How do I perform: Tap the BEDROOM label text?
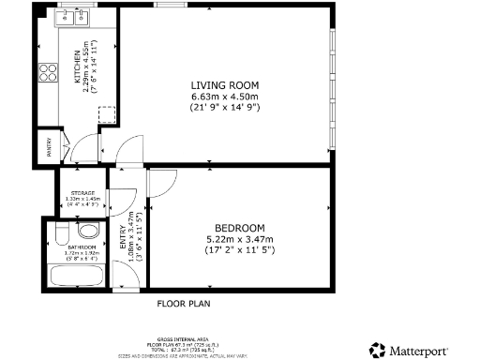tap(240, 228)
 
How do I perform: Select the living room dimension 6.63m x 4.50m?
tap(224, 97)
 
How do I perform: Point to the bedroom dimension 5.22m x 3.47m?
tap(240, 239)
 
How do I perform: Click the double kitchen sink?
tap(73, 16)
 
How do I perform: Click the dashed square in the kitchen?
tap(107, 115)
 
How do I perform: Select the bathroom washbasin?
tap(88, 230)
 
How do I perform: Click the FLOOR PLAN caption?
tap(184, 304)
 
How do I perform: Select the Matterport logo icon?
tap(376, 349)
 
